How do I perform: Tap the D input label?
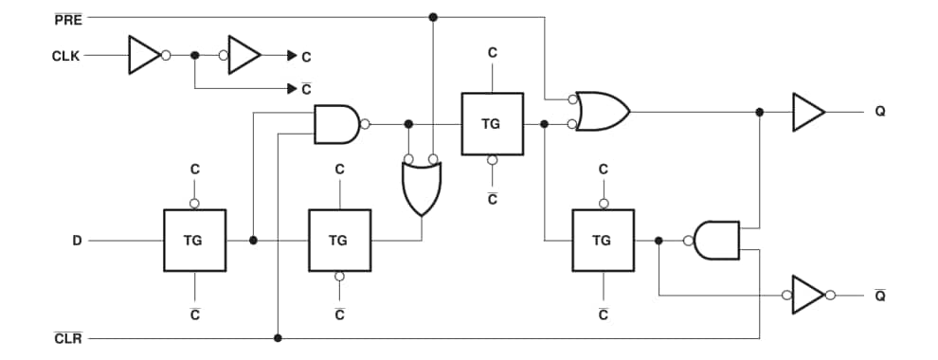(78, 241)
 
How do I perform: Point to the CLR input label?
(69, 338)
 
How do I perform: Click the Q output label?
(880, 112)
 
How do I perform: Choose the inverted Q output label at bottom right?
(880, 295)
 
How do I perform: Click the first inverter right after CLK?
(145, 56)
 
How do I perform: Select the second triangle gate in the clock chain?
(244, 56)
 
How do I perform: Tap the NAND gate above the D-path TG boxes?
(336, 124)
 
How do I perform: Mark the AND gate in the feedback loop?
(715, 241)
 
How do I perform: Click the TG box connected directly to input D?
(194, 241)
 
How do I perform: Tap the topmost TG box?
(492, 124)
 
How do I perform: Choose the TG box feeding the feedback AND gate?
(603, 241)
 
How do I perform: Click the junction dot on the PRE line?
(433, 17)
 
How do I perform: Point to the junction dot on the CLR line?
(277, 338)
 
